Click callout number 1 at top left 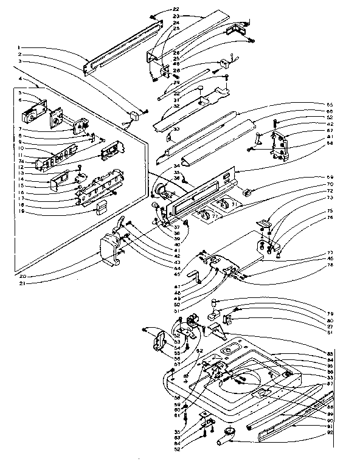20,47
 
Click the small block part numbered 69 247,191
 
